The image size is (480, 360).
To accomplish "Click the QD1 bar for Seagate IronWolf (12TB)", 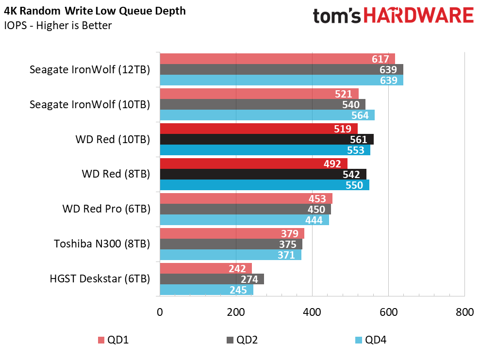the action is point(277,59).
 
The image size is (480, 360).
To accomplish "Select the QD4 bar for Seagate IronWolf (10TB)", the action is point(267,115).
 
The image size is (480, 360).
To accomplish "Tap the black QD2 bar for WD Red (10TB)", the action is point(266,139).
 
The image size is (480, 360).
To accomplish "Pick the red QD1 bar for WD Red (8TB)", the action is point(253,164).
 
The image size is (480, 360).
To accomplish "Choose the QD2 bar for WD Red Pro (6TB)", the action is point(246,209).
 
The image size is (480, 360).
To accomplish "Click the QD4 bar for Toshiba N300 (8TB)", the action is point(231,255).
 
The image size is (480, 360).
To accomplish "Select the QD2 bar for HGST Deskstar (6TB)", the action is point(212,279).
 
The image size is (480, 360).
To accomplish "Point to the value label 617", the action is point(380,59).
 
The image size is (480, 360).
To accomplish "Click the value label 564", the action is point(360,115).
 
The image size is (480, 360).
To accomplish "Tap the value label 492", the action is point(332,164).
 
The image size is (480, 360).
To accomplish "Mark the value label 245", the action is point(238,290).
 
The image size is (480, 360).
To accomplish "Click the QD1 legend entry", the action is point(113,340).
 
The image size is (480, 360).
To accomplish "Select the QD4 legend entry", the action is point(371,340).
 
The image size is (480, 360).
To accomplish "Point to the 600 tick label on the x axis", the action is point(388,312).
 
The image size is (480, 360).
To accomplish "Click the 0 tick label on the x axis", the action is point(160,312).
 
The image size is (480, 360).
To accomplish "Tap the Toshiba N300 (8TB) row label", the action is point(102,244).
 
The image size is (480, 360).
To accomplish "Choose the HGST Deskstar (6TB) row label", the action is point(100,279).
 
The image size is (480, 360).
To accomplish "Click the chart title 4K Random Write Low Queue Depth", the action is point(95,11).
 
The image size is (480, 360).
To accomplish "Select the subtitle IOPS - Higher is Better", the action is point(58,25).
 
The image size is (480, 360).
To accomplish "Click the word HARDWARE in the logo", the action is point(419,16).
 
